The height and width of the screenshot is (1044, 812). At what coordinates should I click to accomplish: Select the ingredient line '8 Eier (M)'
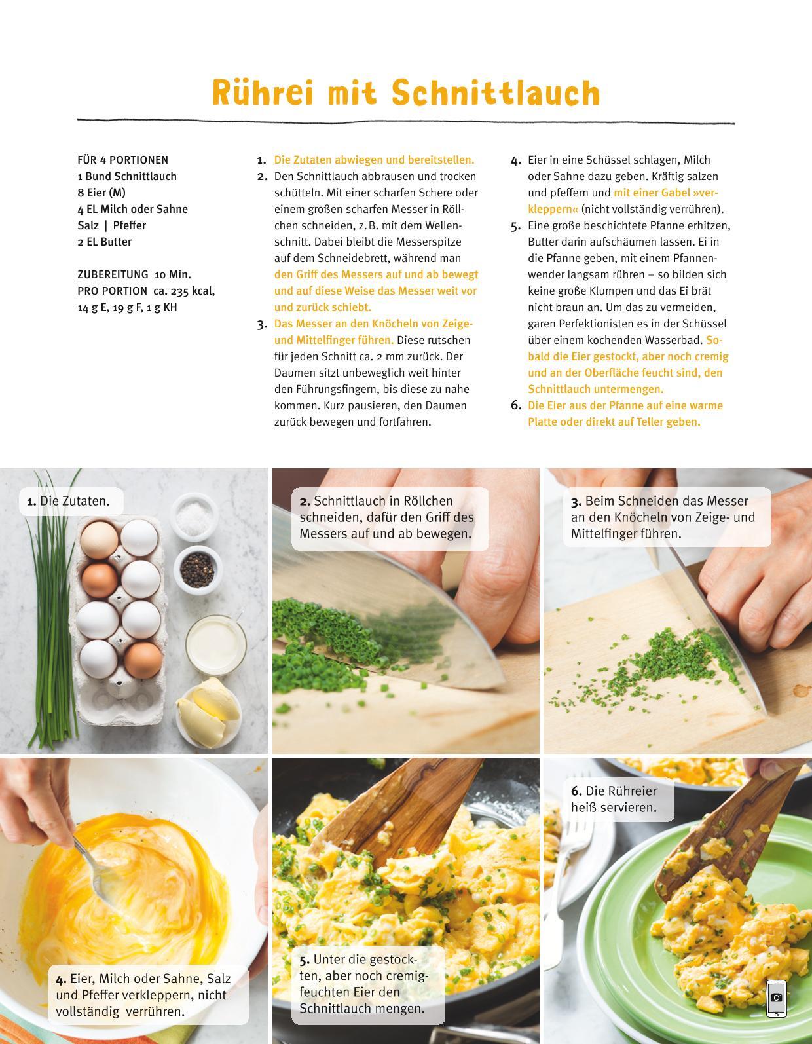click(x=101, y=193)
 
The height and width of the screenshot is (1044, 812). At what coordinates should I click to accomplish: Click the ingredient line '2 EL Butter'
click(x=104, y=242)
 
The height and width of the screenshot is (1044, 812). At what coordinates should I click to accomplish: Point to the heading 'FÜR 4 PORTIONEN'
click(x=123, y=160)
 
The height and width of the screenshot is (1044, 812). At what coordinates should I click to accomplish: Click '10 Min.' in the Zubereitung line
click(x=172, y=274)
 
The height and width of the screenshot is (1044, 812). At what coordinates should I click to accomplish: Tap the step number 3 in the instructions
click(x=262, y=325)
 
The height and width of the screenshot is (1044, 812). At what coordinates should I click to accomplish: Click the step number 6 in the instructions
click(x=516, y=405)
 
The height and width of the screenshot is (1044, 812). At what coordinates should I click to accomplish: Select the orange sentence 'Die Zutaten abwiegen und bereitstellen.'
click(x=374, y=160)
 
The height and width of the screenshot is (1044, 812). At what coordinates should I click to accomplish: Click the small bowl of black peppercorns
click(x=197, y=570)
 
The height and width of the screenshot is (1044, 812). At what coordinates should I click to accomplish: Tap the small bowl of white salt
click(x=194, y=517)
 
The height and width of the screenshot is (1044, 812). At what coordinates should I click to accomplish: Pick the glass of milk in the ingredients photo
click(x=216, y=644)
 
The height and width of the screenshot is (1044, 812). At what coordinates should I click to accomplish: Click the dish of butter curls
click(x=208, y=711)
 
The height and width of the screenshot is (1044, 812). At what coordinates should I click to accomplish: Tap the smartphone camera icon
click(x=777, y=999)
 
